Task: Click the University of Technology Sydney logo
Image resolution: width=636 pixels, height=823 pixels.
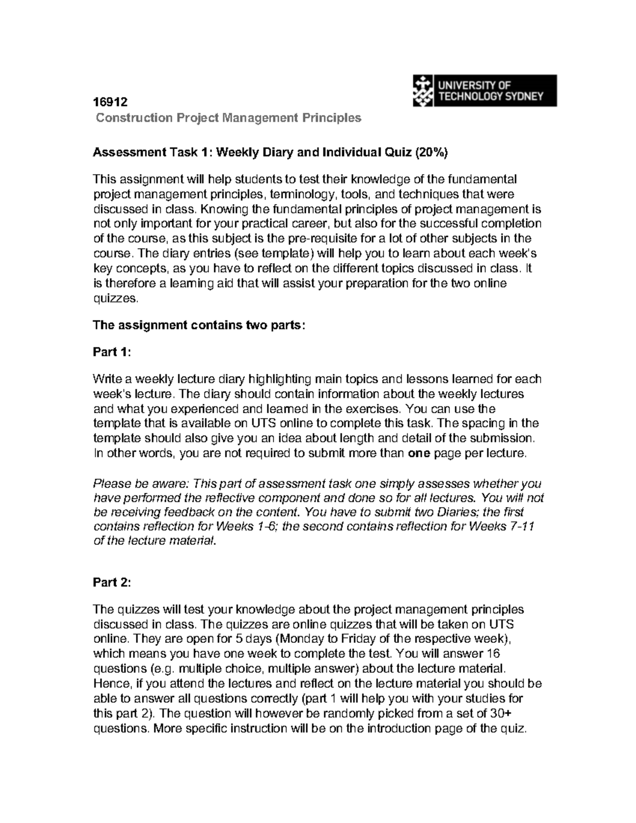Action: (484, 90)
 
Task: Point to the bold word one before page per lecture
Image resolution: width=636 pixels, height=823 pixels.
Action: (420, 454)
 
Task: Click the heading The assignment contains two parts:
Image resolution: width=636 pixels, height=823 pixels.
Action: (199, 325)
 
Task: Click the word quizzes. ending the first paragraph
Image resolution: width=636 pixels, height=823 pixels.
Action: (116, 298)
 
